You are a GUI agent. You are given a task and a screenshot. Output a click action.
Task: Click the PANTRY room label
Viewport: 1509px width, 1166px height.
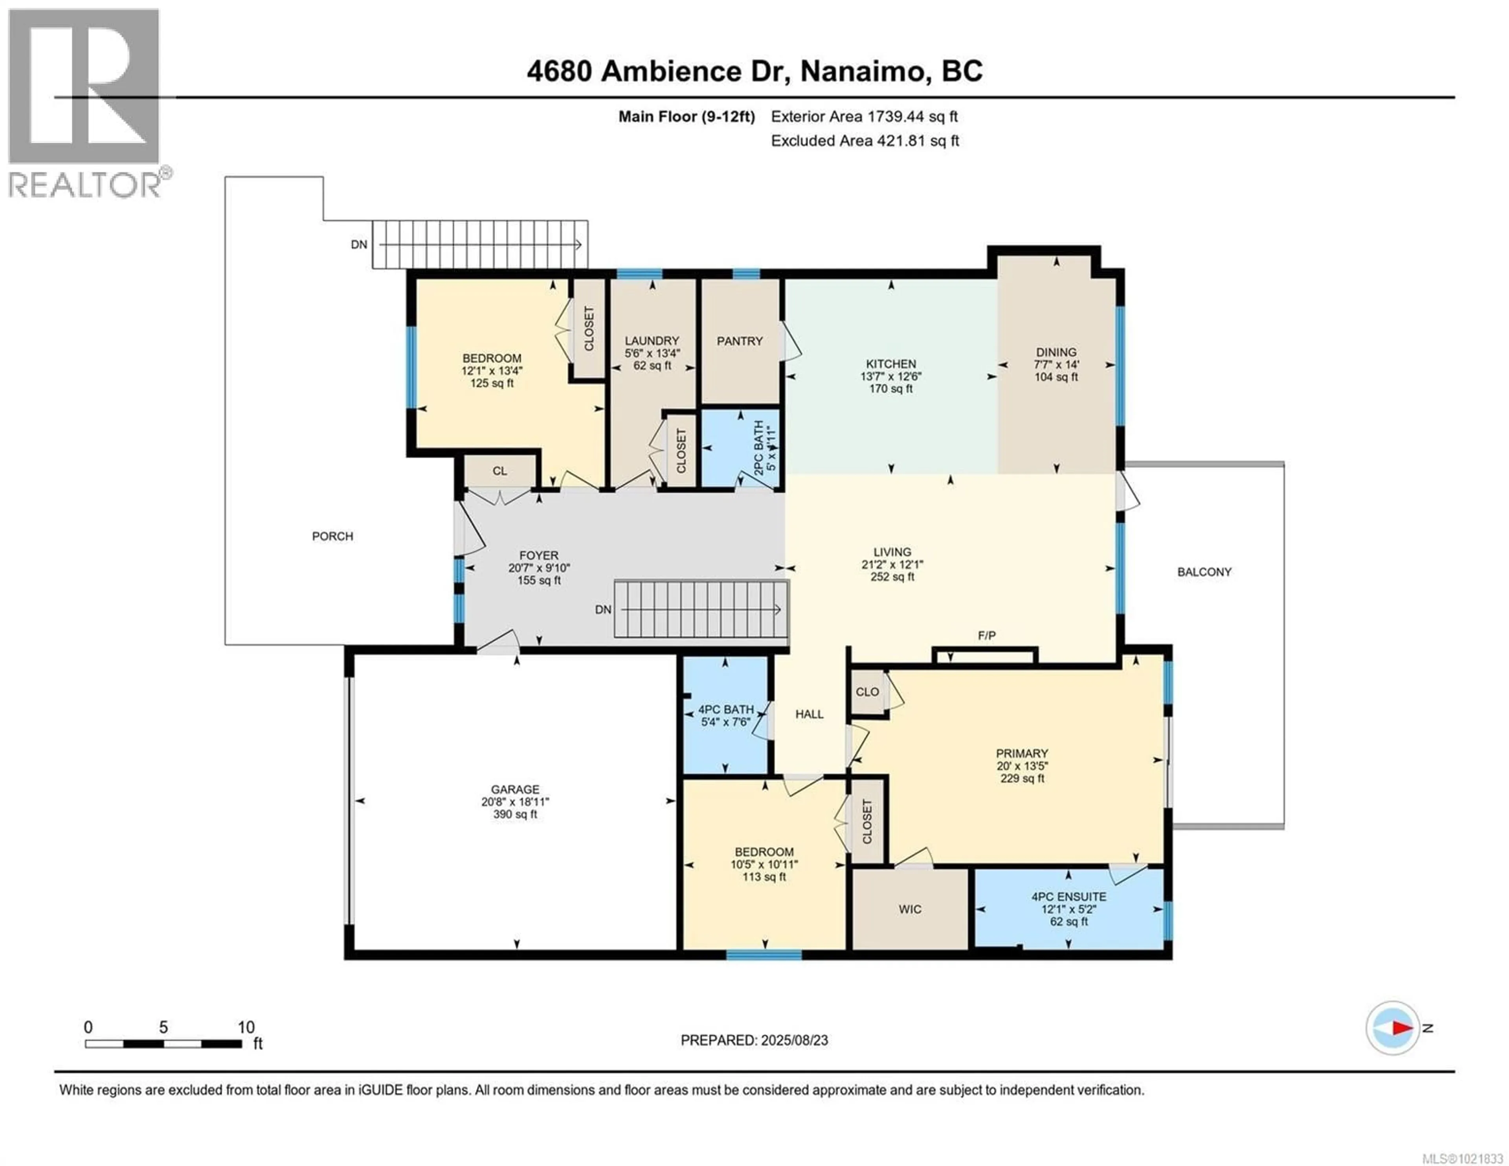(x=739, y=342)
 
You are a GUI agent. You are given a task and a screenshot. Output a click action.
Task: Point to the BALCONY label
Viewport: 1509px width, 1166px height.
(x=1204, y=572)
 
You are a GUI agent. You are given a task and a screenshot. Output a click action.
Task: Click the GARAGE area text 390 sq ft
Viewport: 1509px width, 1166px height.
(x=515, y=815)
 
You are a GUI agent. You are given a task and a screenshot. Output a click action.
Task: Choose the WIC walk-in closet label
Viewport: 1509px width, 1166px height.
(x=910, y=910)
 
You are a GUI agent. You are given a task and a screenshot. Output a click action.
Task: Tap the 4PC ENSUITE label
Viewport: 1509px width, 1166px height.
(x=1069, y=897)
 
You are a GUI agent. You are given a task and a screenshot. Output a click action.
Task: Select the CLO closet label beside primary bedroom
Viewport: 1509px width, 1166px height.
(x=867, y=692)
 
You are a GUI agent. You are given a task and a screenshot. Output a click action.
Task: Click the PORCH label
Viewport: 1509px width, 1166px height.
(x=332, y=536)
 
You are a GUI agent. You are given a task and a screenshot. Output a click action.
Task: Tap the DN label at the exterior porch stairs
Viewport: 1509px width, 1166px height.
(x=359, y=245)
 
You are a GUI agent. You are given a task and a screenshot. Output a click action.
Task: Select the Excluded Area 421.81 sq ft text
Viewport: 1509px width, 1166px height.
(x=865, y=141)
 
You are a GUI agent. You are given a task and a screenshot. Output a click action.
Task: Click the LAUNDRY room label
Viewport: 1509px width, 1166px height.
(x=652, y=341)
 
